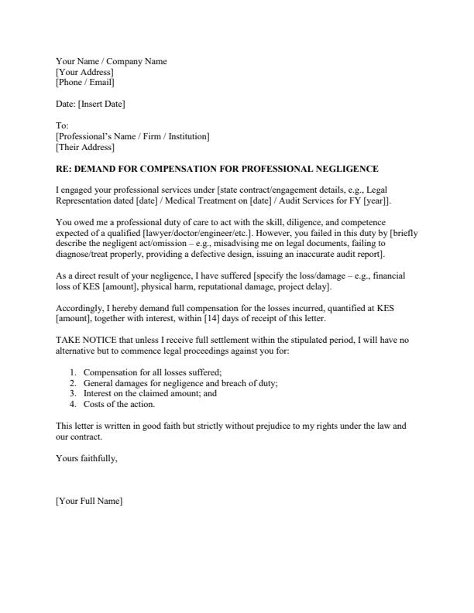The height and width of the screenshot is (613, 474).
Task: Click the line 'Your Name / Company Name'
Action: point(111,61)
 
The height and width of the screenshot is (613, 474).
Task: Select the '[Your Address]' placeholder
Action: point(84,72)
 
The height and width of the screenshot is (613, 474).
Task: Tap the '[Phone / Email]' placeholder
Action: point(85,82)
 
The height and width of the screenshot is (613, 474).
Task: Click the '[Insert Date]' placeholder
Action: point(101,104)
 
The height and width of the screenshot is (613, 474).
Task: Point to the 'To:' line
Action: point(63,125)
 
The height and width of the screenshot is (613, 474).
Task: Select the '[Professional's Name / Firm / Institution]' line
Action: point(132,136)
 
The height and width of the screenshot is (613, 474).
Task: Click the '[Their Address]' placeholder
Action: point(85,147)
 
